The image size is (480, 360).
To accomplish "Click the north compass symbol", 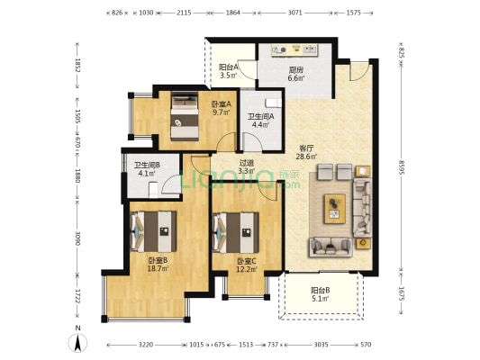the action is (77, 343).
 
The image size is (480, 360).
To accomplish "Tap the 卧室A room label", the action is (222, 104).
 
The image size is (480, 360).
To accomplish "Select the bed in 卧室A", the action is (185, 116).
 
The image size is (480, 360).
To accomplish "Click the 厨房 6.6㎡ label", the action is (296, 74).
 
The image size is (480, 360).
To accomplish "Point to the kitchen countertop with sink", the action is (294, 50).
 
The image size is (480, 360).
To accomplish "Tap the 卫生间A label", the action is (261, 116).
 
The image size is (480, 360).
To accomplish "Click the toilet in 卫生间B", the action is (153, 190).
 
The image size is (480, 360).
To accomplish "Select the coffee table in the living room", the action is (335, 209).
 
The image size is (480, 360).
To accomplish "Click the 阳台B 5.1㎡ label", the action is (321, 294).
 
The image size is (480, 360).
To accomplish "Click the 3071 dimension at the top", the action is (294, 13).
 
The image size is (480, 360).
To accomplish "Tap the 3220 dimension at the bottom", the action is (145, 345).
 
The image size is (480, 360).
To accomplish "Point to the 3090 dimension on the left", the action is (77, 238).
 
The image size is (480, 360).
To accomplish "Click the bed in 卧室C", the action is (235, 233).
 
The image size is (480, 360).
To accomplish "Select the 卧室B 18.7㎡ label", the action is (158, 265).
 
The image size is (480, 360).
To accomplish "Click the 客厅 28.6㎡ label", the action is (306, 152).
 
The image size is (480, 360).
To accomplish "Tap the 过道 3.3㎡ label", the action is (247, 167).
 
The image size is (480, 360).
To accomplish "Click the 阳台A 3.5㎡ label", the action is (229, 71).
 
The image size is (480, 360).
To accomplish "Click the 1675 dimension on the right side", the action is (402, 293).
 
